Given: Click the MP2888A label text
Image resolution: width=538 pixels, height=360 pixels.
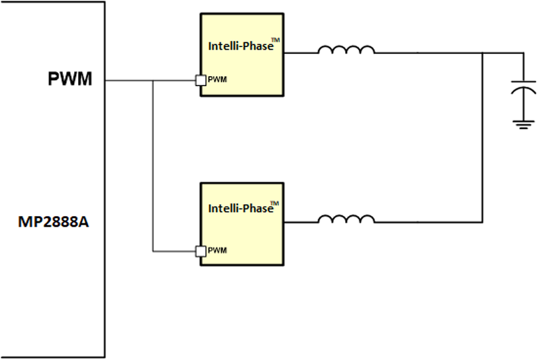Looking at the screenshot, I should (52, 221).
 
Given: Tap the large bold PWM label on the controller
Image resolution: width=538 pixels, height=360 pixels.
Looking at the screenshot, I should (69, 79).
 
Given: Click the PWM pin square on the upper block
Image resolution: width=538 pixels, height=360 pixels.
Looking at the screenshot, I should (200, 80).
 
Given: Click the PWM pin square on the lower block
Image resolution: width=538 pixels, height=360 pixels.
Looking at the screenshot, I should (200, 251).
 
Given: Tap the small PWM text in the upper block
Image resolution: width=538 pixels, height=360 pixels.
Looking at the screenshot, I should (217, 80).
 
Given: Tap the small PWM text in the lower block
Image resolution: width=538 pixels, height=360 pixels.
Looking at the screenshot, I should (217, 251).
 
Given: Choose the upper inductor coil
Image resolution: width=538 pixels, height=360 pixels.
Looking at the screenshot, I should (346, 50).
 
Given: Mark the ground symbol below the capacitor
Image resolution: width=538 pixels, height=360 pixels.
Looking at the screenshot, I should (519, 124).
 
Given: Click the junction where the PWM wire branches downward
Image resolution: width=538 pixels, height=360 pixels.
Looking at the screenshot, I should (153, 81).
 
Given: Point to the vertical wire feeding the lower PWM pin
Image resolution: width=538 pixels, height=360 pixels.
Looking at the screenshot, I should (153, 168).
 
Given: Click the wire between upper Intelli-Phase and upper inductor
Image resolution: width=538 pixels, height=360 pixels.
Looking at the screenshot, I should (299, 54).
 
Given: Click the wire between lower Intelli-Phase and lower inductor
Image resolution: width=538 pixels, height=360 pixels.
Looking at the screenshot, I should (299, 221).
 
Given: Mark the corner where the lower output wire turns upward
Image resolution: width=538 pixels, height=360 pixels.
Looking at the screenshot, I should (483, 221).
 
